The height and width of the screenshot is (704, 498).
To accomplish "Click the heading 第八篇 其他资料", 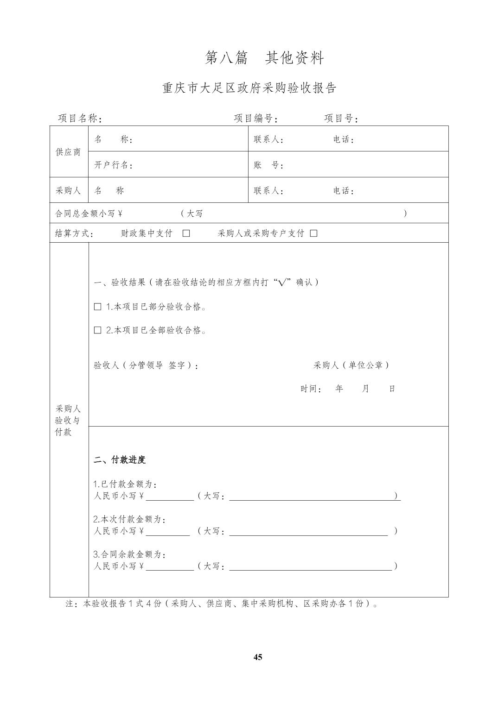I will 264,58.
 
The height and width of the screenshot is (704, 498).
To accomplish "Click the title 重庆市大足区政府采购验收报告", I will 249,88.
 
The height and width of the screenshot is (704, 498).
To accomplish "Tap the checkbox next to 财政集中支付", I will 186,233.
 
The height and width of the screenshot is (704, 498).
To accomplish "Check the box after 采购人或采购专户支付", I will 313,233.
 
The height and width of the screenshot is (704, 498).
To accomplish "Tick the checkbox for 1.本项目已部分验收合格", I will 98,307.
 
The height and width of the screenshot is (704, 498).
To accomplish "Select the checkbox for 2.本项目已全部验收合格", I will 98,330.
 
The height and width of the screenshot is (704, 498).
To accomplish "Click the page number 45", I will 258,657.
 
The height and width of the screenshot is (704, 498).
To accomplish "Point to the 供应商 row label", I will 69,152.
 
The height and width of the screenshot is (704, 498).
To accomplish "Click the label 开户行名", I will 114,165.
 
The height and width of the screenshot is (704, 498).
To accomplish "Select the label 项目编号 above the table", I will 255,119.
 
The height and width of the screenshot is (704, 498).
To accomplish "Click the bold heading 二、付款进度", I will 120,460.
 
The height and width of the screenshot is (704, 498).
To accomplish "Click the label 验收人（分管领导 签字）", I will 146,365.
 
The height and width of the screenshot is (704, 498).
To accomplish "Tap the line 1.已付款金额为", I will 125,484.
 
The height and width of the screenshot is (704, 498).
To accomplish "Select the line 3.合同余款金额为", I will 129,554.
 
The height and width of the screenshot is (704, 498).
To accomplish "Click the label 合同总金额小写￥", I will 89,214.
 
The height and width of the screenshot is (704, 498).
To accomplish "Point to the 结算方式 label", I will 74,233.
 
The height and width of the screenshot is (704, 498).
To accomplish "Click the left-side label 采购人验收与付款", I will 69,421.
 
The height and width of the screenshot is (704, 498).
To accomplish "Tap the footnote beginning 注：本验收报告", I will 222,604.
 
